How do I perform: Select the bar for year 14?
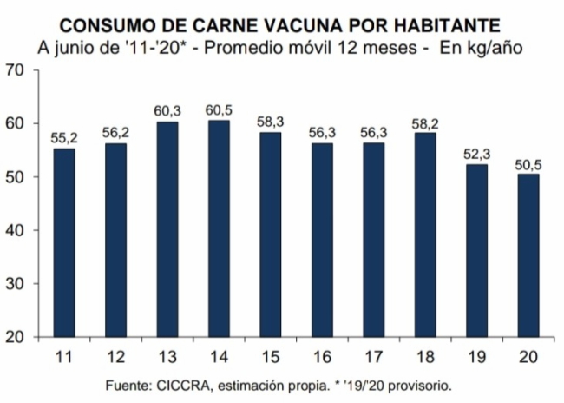219,228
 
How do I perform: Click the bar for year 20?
528,255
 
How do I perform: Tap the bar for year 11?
64,243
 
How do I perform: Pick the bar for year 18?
425,235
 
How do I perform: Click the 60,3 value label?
167,111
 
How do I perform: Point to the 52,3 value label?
476,154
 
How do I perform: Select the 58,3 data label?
271,122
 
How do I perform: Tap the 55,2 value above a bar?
64,138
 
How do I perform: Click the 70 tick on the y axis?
15,69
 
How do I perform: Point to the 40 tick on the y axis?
15,230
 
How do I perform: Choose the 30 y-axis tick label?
15,284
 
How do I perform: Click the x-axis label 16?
322,357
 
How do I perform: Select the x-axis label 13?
167,357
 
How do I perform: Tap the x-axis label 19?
476,357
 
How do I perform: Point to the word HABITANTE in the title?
446,25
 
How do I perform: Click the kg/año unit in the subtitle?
497,49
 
